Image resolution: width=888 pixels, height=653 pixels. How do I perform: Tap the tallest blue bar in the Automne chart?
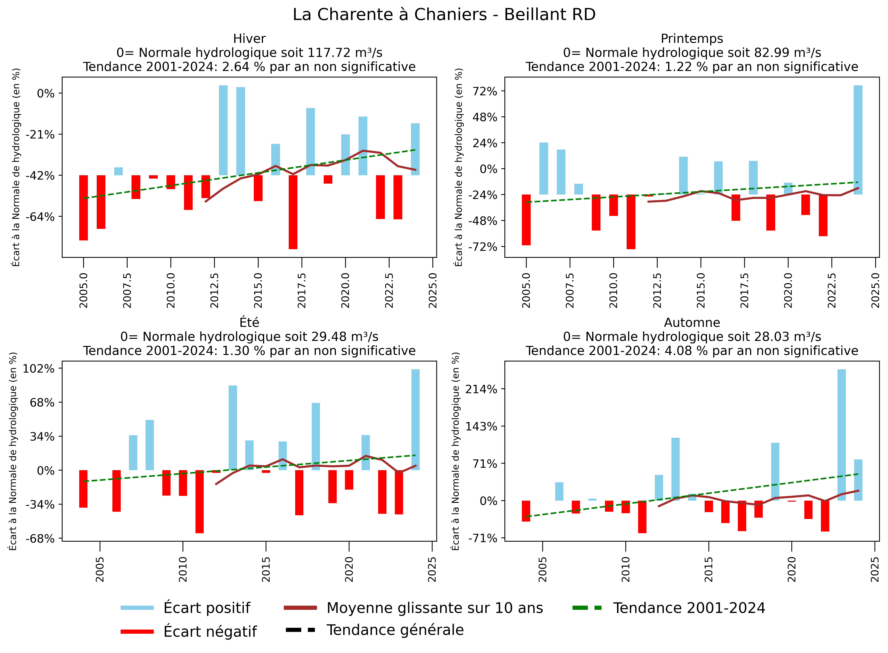point(841,435)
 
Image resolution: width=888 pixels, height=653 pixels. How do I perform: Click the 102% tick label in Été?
point(39,369)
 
